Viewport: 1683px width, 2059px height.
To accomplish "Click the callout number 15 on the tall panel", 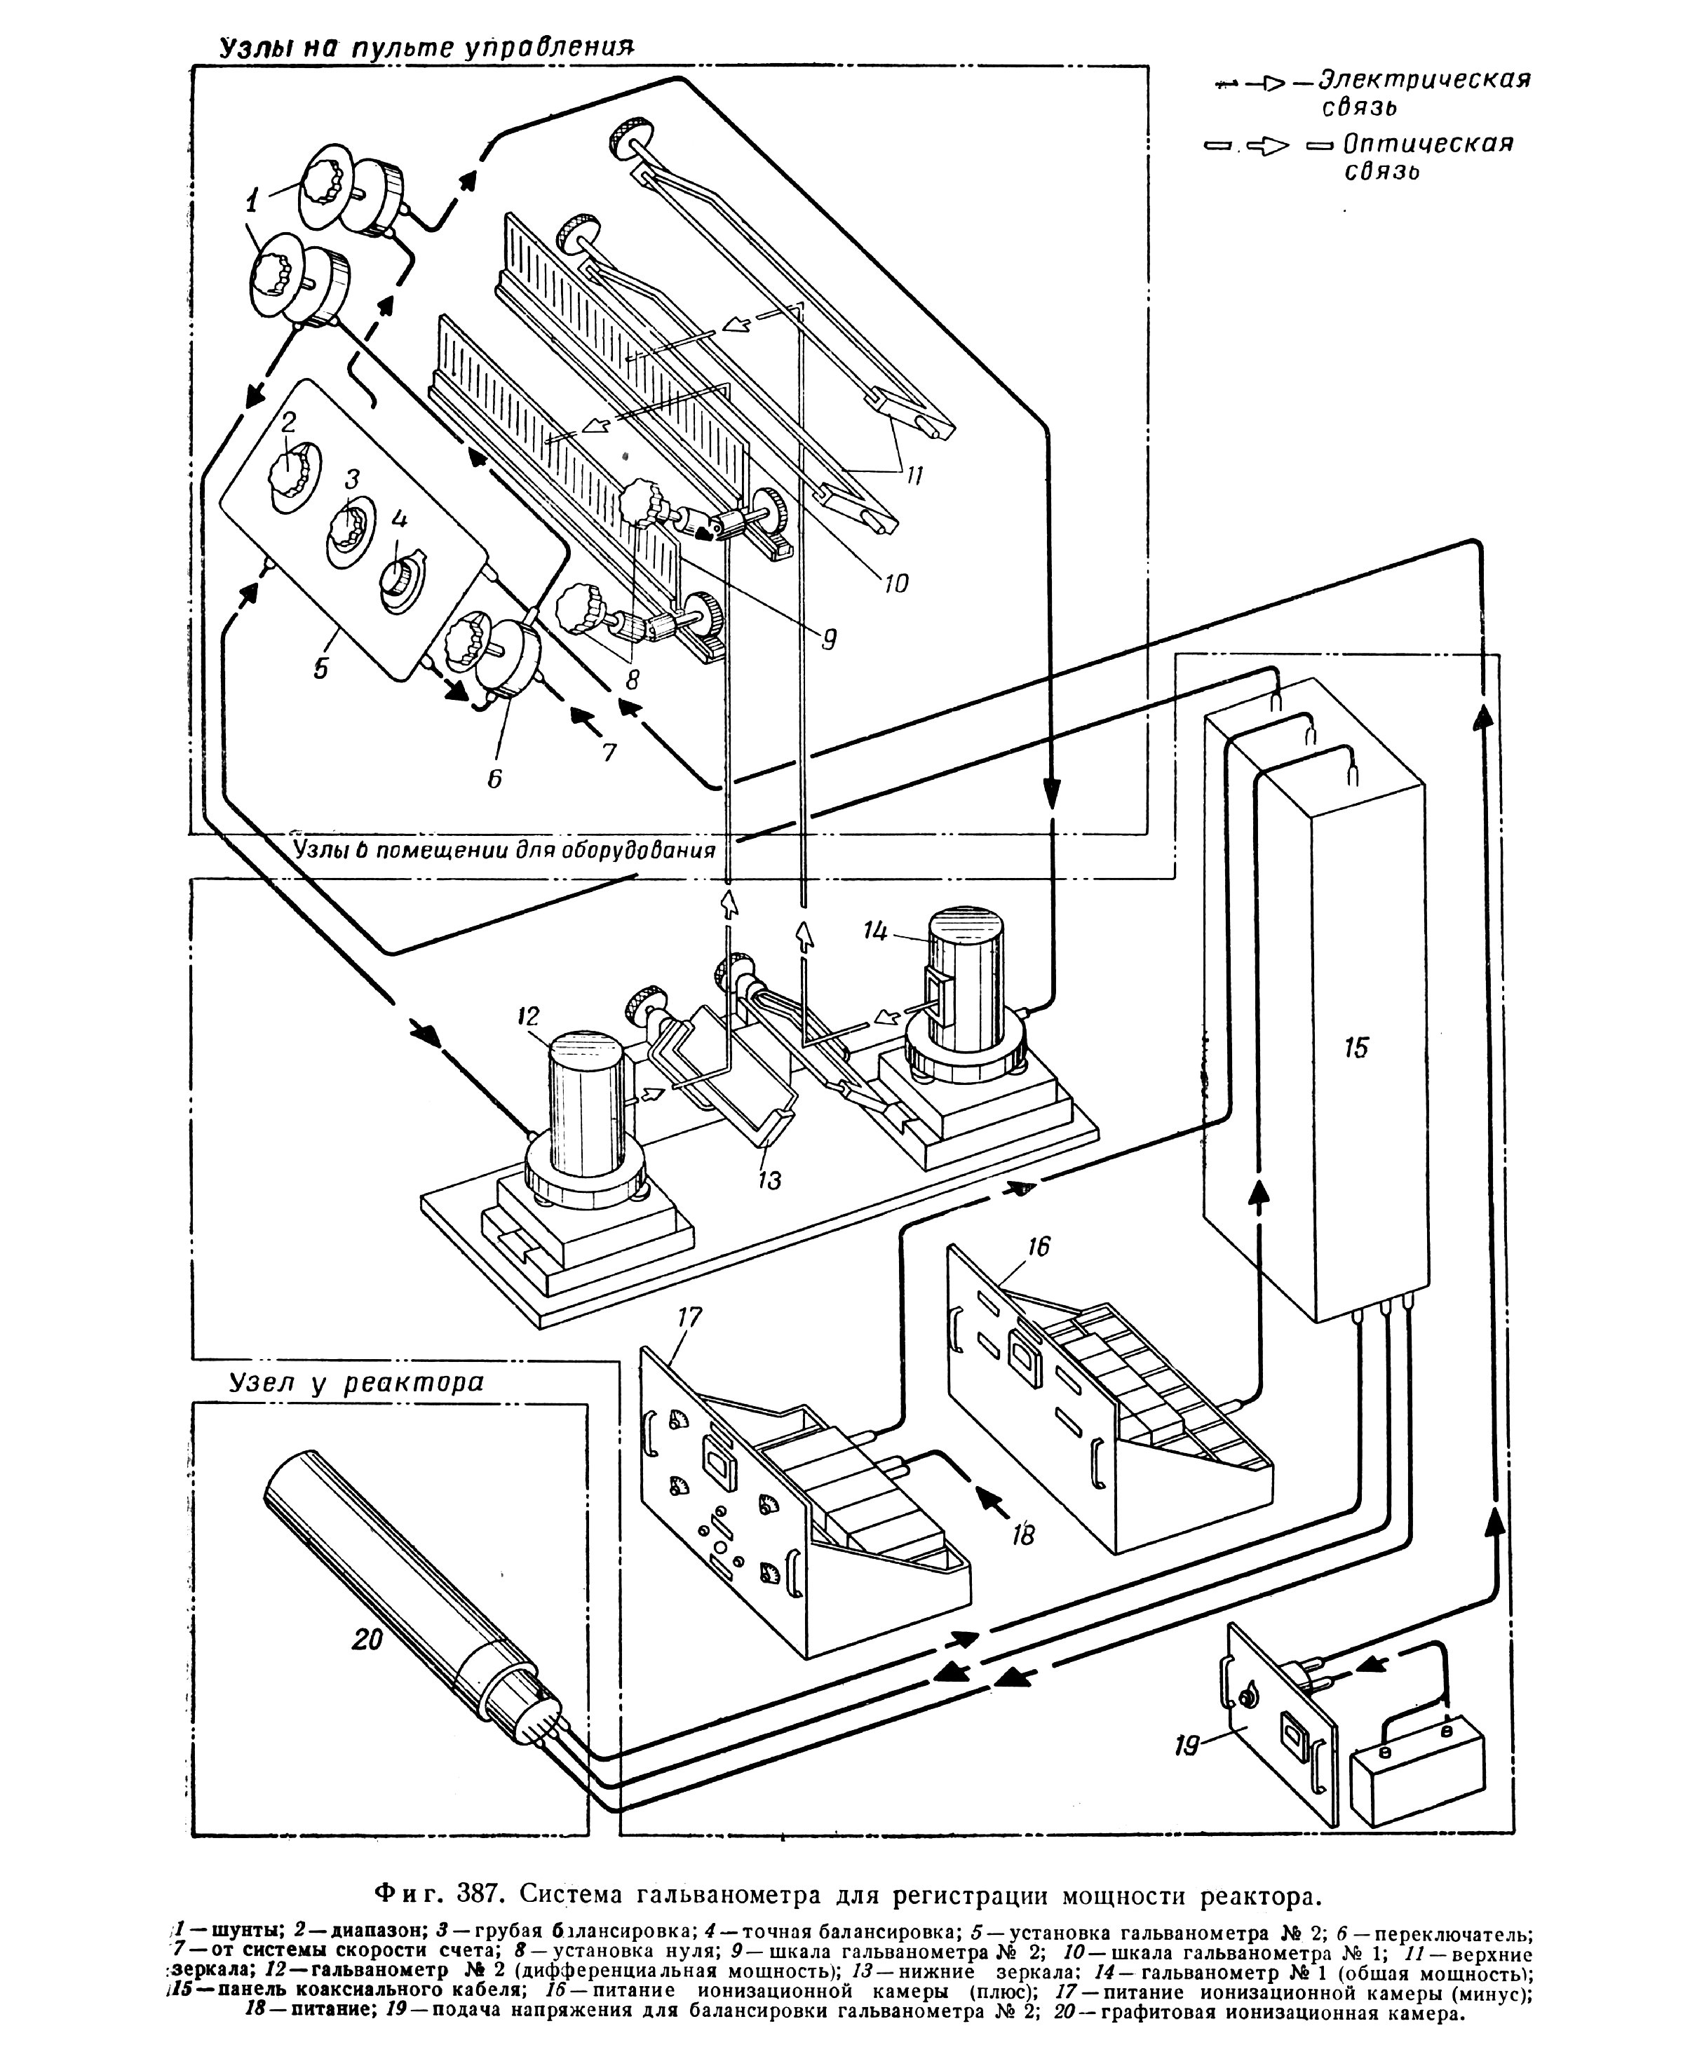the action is (1356, 1047).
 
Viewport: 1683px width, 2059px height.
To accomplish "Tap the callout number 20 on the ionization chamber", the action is (367, 1639).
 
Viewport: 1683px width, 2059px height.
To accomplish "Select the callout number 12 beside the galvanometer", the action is (527, 1016).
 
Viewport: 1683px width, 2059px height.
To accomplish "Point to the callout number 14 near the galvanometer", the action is (877, 931).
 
